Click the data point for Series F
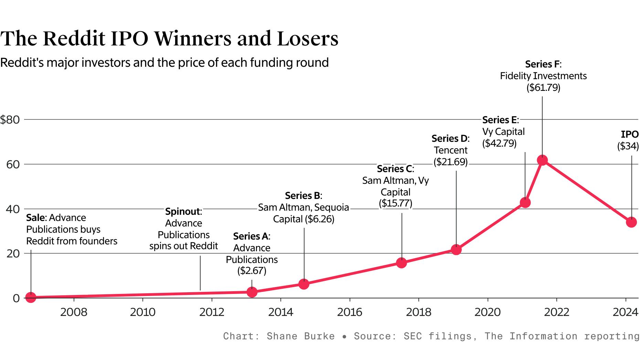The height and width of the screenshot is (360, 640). (542, 160)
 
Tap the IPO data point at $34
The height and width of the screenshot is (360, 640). (631, 222)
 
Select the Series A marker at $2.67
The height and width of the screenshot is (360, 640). (252, 292)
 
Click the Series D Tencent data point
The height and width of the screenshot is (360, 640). (456, 250)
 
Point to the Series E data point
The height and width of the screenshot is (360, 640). (525, 202)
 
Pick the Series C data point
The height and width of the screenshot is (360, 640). (401, 263)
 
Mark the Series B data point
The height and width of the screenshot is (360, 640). (303, 284)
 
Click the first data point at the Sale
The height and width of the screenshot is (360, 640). (31, 297)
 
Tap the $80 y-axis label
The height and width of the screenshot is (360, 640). (10, 120)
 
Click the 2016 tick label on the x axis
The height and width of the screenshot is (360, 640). (350, 312)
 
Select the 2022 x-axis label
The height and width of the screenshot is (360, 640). (556, 312)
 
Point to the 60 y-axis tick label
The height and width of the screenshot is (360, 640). (13, 165)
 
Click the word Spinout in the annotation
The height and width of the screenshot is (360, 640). (182, 211)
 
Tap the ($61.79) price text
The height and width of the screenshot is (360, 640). (543, 87)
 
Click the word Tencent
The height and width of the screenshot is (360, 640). (450, 150)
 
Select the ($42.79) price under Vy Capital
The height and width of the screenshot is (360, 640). (499, 143)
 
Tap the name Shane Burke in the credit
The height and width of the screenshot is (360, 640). (300, 336)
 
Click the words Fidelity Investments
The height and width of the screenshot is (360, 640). (543, 76)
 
